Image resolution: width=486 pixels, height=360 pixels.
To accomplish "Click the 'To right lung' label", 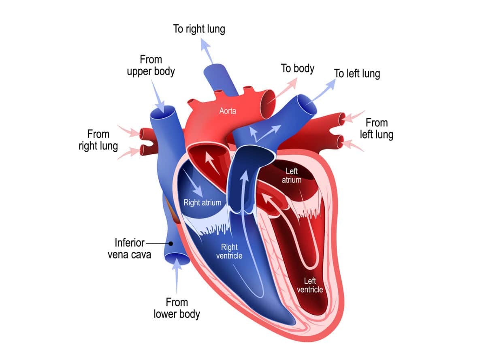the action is pos(199,29).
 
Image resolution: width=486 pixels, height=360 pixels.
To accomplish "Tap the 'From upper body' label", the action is pos(151,65).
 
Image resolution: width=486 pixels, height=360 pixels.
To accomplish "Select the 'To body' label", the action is pos(298,68).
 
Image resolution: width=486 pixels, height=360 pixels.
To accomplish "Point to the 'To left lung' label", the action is pos(357,74).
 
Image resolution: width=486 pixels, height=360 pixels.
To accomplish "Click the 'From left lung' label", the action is pos(376,129).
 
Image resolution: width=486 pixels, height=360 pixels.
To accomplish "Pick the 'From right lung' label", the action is pos(98,140).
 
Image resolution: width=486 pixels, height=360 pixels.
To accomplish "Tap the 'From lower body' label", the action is pos(177,308).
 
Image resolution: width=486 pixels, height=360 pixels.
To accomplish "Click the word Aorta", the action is pos(228,111).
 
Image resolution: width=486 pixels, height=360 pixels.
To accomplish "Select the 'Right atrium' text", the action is pos(202,202).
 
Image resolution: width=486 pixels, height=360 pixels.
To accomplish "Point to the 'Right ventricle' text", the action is pos(229,251).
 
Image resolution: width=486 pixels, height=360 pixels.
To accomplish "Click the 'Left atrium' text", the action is pos(292,175).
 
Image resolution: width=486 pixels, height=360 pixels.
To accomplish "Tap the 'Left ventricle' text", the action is pos(310,285).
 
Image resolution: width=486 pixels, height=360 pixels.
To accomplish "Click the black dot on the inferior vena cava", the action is pos(171,243).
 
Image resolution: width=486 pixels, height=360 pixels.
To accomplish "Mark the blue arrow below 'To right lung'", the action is pos(207,51).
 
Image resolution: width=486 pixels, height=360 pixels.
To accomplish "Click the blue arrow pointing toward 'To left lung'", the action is pos(321,92).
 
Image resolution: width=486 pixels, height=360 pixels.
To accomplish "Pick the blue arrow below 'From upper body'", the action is pos(158,96).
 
